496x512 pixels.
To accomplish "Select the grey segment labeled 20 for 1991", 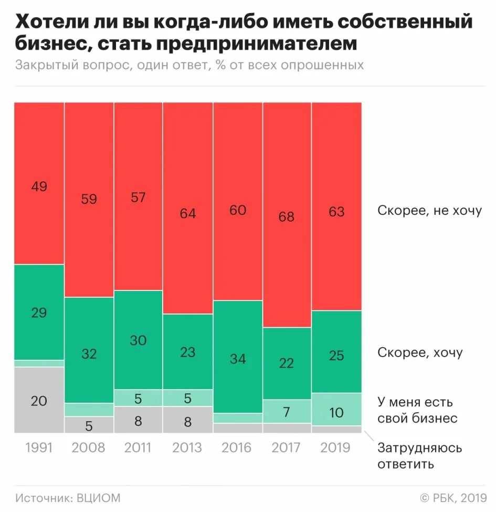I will click(x=39, y=400).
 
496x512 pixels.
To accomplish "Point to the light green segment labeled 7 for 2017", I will click(x=287, y=411).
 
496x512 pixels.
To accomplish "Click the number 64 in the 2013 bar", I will click(x=187, y=214).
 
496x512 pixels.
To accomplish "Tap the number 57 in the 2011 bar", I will click(x=138, y=197).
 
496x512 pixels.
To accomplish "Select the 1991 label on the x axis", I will click(x=39, y=447).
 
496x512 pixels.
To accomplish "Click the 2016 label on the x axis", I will click(x=237, y=447).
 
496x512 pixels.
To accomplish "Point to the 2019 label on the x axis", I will click(x=336, y=447).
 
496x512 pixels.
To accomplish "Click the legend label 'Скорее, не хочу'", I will click(x=429, y=211).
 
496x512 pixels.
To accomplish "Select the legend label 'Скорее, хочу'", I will click(x=420, y=352).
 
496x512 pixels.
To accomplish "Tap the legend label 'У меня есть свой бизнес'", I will click(x=417, y=410).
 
